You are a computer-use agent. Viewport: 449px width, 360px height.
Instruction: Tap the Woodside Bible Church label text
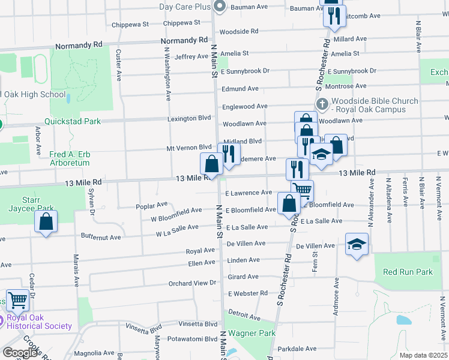pos(375,105)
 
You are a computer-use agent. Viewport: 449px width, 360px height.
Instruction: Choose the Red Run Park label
pos(408,272)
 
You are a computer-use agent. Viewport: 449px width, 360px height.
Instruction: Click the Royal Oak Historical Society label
pos(40,322)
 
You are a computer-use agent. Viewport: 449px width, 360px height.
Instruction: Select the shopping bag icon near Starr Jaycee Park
pos(46,222)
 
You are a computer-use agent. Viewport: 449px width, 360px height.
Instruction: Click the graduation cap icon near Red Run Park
pos(357,244)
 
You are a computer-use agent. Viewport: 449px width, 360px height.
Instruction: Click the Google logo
pos(20,353)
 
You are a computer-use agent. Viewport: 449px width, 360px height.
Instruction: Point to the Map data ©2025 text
pos(423,355)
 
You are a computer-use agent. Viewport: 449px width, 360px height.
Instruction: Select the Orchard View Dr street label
pos(192,283)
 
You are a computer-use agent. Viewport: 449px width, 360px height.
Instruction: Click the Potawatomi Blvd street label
pos(192,338)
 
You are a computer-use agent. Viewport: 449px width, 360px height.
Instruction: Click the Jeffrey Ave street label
pos(191,56)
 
